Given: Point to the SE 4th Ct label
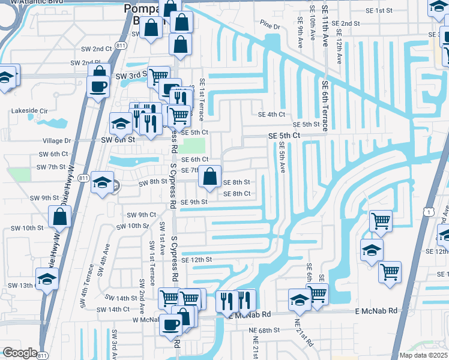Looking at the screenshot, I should click(x=271, y=114).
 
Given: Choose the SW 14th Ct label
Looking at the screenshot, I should click(x=113, y=310).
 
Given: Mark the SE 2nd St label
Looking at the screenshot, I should click(x=348, y=23).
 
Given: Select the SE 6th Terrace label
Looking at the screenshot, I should click(x=325, y=106).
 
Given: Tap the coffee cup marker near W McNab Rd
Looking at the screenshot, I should click(x=171, y=325).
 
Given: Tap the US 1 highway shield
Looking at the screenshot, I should click(x=427, y=212).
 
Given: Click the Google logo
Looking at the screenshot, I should click(x=20, y=353).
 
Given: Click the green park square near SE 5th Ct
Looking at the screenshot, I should click(x=193, y=146).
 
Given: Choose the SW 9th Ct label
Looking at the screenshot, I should click(x=142, y=215).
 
